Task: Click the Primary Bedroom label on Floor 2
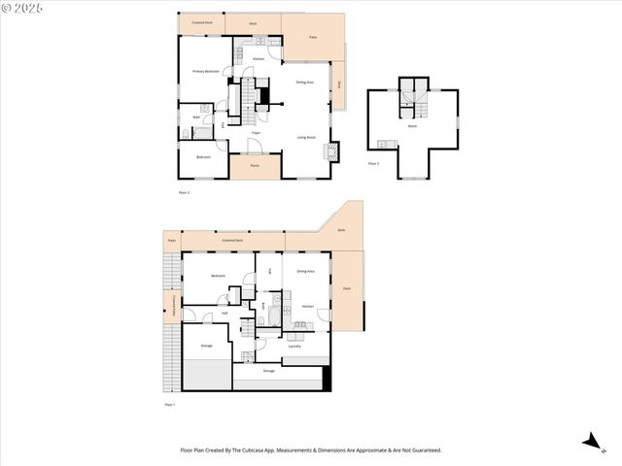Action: (x=205, y=71)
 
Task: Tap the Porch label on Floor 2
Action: (x=255, y=165)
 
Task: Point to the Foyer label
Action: (x=256, y=132)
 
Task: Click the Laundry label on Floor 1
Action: (x=294, y=346)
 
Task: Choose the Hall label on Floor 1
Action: (x=225, y=313)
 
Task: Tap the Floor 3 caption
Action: (x=373, y=164)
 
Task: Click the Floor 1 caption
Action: (x=169, y=404)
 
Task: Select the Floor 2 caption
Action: (x=184, y=193)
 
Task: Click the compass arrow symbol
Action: (x=590, y=442)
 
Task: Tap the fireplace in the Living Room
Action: (x=335, y=150)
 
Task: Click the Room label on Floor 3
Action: (x=412, y=126)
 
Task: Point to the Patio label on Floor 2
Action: (x=313, y=37)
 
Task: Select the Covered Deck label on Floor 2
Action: (x=202, y=21)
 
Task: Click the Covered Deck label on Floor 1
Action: (x=232, y=239)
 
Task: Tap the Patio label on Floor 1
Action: (x=171, y=239)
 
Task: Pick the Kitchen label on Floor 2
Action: (x=259, y=60)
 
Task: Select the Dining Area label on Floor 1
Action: (x=305, y=271)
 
